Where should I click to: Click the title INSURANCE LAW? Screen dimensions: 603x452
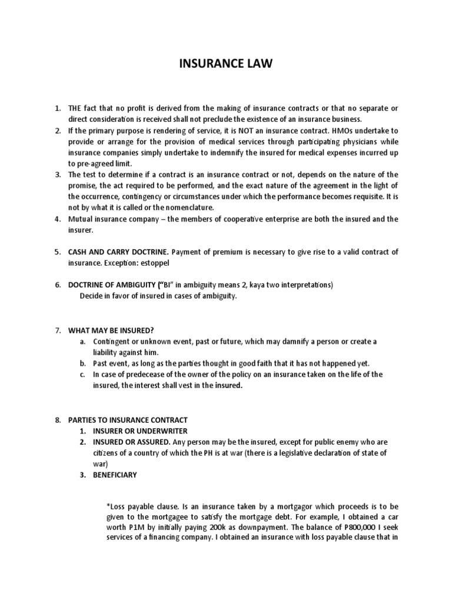[226, 64]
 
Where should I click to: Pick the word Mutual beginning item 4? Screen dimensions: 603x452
[82, 218]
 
